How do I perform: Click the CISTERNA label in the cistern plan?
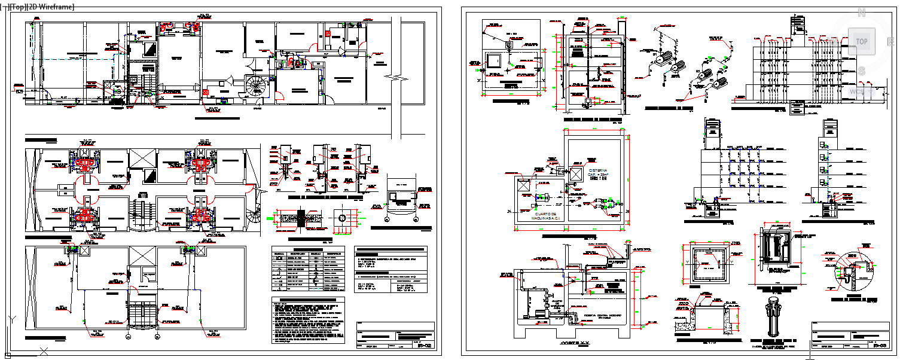point(598,170)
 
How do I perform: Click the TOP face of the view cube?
point(862,42)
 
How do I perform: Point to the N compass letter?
point(862,12)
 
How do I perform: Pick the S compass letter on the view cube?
point(862,71)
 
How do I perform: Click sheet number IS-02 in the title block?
point(423,346)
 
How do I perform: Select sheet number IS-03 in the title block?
point(879,346)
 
